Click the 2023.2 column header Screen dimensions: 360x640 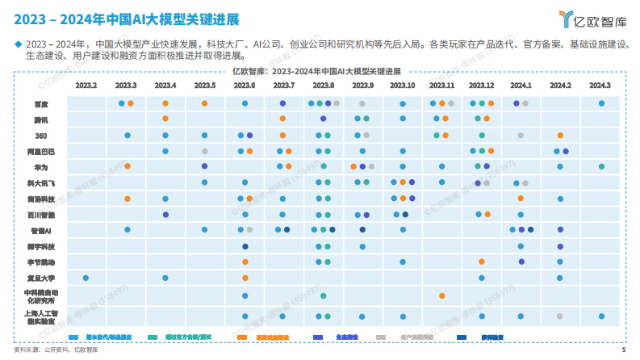point(86,85)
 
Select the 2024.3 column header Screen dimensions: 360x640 point(600,85)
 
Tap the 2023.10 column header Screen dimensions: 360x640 point(402,85)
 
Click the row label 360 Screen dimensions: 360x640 point(40,136)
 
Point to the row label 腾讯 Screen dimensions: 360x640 point(40,119)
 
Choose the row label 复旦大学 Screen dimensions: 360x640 point(40,278)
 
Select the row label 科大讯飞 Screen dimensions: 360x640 point(40,183)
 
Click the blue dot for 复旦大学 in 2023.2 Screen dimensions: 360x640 point(86,278)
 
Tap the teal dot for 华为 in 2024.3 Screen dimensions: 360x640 point(602,166)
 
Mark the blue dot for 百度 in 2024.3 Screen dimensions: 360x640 point(602,103)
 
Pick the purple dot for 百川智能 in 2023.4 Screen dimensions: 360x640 point(165,215)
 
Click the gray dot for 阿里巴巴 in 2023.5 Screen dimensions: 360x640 point(205,151)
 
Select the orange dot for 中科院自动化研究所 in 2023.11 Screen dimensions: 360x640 point(442,295)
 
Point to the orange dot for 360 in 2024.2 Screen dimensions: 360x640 point(560,136)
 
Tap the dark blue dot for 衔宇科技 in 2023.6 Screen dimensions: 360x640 point(245,246)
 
